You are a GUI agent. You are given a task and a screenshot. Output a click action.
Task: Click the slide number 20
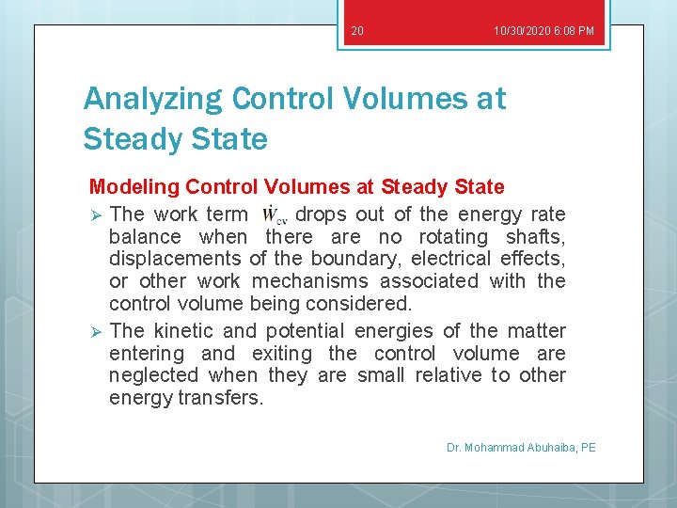click(x=356, y=31)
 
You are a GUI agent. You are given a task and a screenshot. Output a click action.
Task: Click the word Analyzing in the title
click(x=152, y=98)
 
